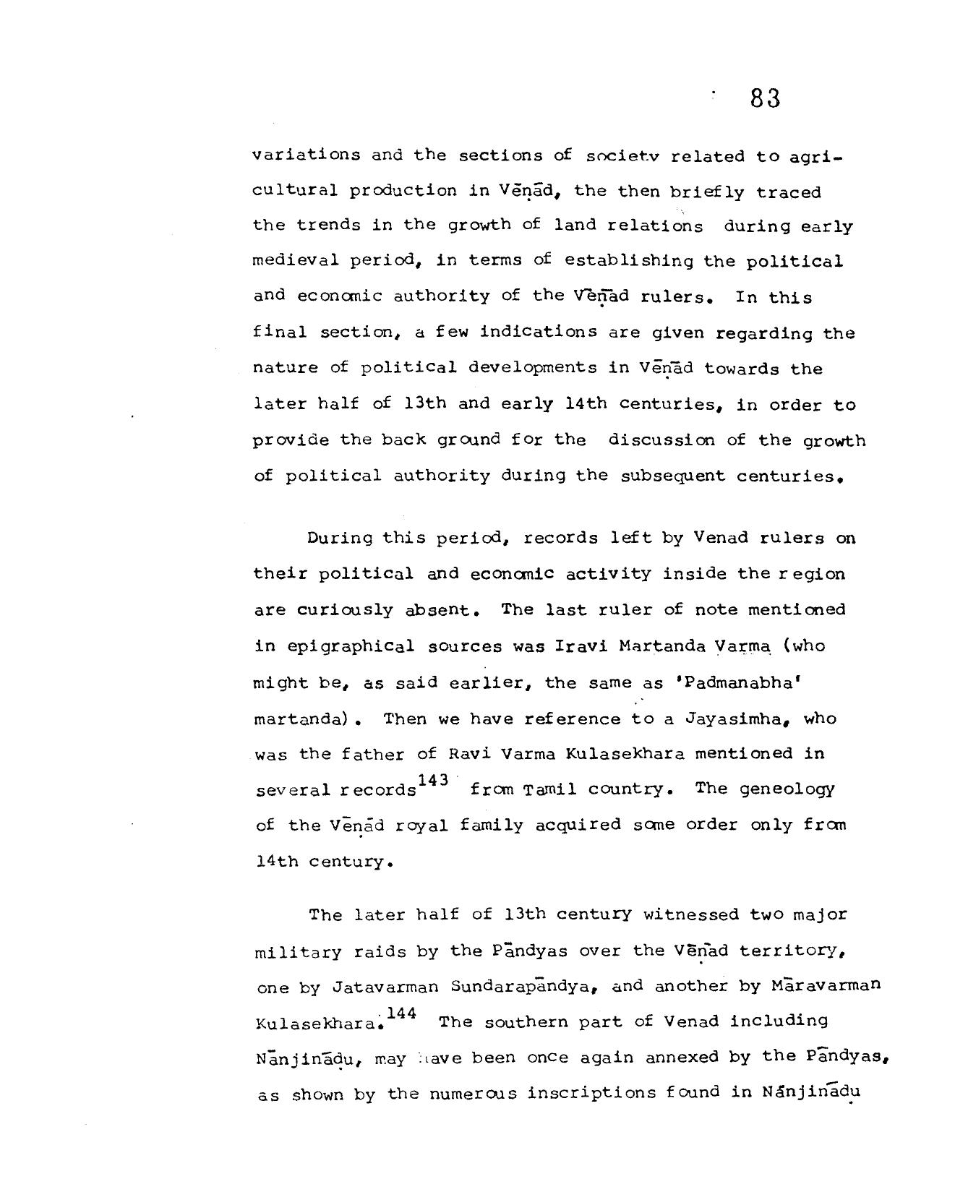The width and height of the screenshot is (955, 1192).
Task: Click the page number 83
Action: coord(765,98)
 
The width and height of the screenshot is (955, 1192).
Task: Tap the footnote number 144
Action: coord(401,1013)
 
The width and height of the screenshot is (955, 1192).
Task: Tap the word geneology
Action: coord(787,789)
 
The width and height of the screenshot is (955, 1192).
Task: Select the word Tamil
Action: coord(539,789)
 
